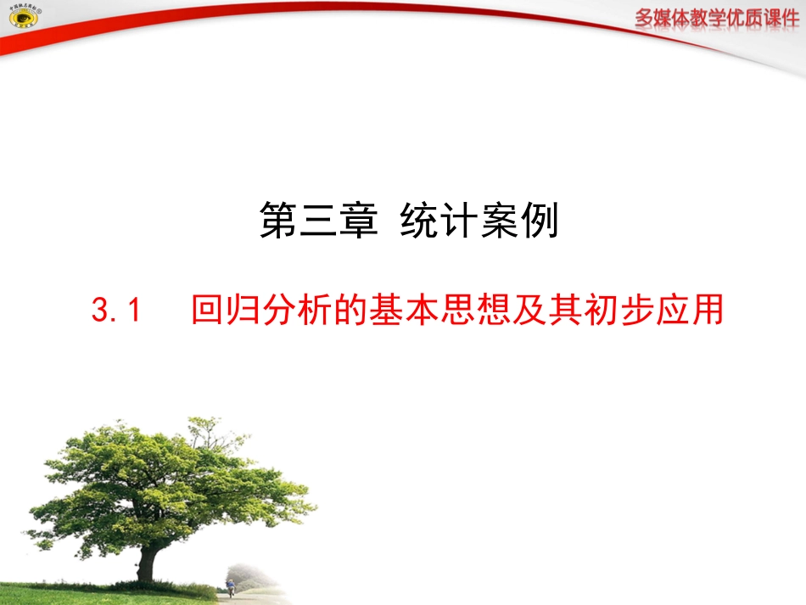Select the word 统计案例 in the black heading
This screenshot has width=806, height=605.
(479, 223)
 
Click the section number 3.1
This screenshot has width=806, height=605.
(114, 311)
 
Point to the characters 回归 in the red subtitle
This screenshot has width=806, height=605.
(221, 311)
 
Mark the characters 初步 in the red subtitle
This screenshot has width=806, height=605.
(620, 311)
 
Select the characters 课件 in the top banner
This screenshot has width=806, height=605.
(780, 19)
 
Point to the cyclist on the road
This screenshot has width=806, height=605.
(230, 587)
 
